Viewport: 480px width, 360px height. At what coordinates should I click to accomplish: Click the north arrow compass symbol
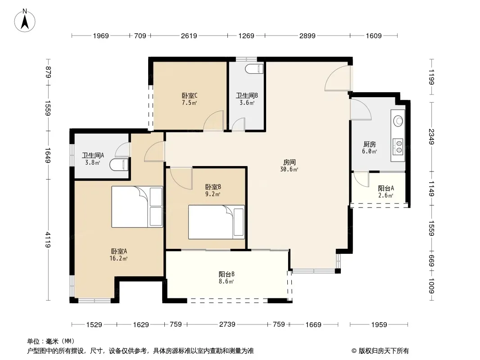(x=25, y=21)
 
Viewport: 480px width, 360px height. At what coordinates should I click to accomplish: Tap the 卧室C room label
(x=190, y=96)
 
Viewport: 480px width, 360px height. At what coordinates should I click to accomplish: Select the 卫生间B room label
(x=247, y=95)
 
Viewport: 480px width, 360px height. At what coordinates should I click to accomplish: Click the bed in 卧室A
(x=137, y=207)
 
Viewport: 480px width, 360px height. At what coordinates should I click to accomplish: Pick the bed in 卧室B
(x=217, y=222)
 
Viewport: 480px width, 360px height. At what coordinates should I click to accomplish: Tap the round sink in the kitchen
(x=398, y=120)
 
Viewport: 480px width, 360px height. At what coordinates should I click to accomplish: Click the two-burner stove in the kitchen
(x=398, y=146)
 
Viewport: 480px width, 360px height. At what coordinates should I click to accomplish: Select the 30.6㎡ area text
(x=289, y=169)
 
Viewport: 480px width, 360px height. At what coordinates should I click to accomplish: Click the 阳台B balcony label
(x=226, y=274)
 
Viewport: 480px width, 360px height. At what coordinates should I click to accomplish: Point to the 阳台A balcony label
(x=386, y=189)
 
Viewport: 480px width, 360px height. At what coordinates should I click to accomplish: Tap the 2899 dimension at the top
(x=308, y=36)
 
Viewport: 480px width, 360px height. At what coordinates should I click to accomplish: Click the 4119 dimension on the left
(x=48, y=240)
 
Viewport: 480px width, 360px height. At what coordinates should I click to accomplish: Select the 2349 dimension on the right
(x=431, y=137)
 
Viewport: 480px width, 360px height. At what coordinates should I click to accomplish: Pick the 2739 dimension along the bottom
(x=227, y=324)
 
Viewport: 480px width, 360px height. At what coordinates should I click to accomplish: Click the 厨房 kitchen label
(x=370, y=144)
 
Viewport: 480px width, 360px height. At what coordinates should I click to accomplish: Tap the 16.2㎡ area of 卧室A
(x=118, y=258)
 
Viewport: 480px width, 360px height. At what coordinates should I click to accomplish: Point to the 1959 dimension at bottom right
(x=379, y=324)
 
